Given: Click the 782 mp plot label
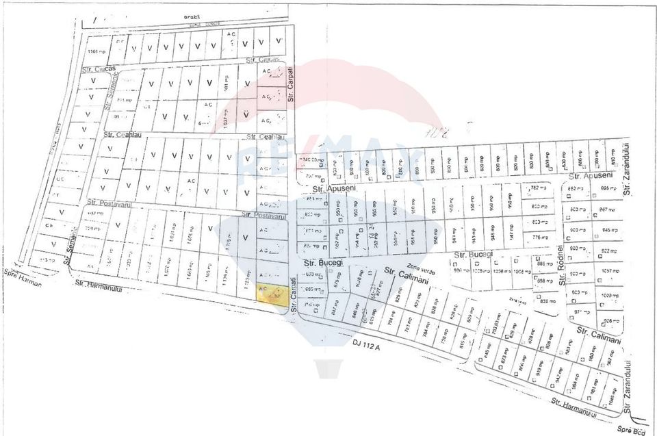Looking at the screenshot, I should (x=536, y=188).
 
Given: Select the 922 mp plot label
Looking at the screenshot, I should (x=609, y=251).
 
